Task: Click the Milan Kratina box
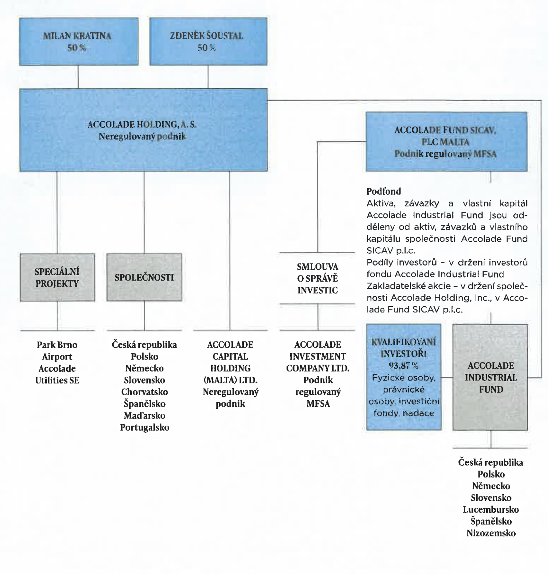[x=79, y=42]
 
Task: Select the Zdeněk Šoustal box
[x=208, y=42]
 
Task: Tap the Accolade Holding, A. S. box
[x=143, y=130]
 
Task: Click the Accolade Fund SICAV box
[x=446, y=142]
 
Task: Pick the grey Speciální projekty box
[x=57, y=277]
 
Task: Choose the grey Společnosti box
[x=144, y=277]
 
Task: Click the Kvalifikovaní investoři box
[x=404, y=377]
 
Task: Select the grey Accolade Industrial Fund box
[x=490, y=377]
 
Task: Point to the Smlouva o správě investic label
[x=317, y=279]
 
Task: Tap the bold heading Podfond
[x=384, y=191]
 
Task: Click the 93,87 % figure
[x=403, y=366]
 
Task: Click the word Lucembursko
[x=491, y=510]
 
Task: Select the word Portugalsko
[x=145, y=428]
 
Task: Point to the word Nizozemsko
[x=491, y=533]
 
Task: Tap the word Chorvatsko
[x=145, y=392]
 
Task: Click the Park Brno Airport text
[x=57, y=351]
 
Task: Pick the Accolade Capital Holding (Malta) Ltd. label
[x=230, y=374]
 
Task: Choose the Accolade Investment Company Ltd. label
[x=318, y=374]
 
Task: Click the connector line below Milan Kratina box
[x=78, y=77]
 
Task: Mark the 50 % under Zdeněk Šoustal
[x=207, y=48]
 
